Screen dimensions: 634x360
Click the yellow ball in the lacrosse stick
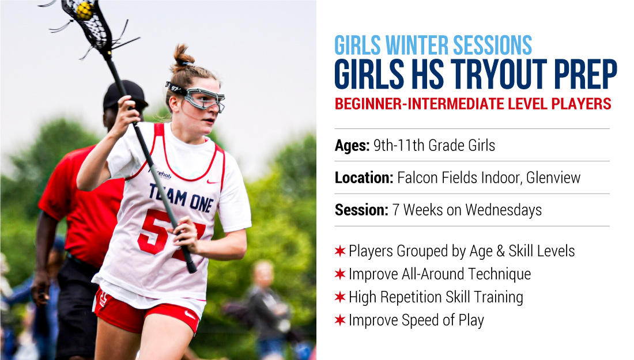click(85, 11)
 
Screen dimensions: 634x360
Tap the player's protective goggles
click(198, 97)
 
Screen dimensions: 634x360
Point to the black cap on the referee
click(124, 94)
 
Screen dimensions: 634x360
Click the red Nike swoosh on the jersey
click(213, 181)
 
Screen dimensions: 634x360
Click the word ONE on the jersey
click(201, 203)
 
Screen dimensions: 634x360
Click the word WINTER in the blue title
click(417, 46)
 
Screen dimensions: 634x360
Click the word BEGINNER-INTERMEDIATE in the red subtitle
click(419, 104)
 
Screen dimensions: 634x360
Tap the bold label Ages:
click(352, 146)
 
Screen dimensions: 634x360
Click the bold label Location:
click(364, 178)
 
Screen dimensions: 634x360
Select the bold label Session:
click(361, 210)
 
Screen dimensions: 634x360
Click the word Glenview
click(553, 178)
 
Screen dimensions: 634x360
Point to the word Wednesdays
click(503, 210)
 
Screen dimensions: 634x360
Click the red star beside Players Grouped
click(340, 251)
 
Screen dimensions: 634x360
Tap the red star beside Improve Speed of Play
click(340, 320)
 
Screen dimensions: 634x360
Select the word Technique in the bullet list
click(499, 274)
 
